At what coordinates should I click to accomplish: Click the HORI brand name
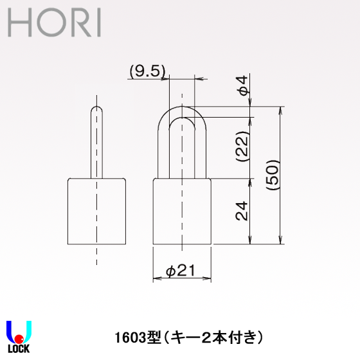(54, 23)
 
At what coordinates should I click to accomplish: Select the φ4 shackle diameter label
(242, 86)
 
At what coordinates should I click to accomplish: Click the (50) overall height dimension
(273, 173)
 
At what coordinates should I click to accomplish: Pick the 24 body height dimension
(242, 210)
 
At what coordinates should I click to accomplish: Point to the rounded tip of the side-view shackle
(96, 109)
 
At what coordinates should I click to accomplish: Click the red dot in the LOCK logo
(19, 338)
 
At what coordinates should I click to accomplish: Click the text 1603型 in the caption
(134, 336)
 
